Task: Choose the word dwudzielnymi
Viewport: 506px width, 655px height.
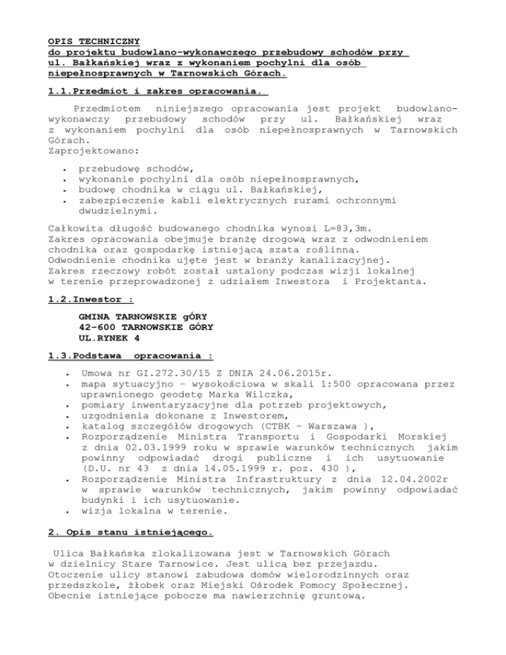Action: point(121,212)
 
